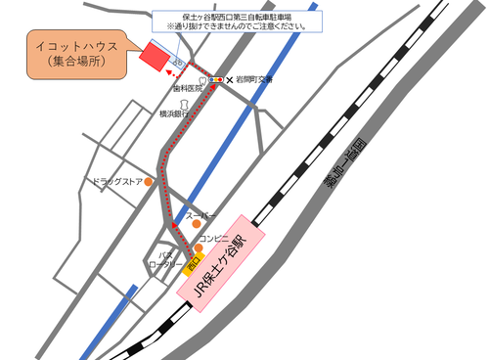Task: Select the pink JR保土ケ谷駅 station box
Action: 222,260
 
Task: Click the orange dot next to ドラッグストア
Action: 149,181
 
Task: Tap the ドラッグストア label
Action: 116,181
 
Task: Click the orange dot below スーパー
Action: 196,224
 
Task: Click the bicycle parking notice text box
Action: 235,22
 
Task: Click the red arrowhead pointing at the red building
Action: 167,71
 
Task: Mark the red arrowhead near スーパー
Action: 173,226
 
